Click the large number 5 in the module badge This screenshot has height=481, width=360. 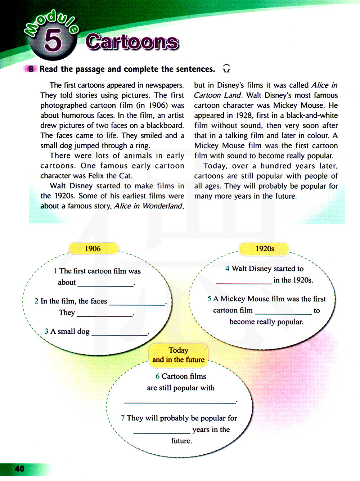coord(53,40)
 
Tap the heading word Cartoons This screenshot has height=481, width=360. coord(132,42)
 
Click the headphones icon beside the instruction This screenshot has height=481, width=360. coord(226,68)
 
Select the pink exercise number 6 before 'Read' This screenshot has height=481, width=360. coord(31,69)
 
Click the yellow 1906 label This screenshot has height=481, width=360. coord(93,249)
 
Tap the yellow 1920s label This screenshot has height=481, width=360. coord(265,249)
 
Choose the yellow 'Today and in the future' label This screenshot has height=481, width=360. coord(179,355)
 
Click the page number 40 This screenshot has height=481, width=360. coord(19,468)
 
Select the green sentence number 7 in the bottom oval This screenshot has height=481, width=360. coord(123,418)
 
